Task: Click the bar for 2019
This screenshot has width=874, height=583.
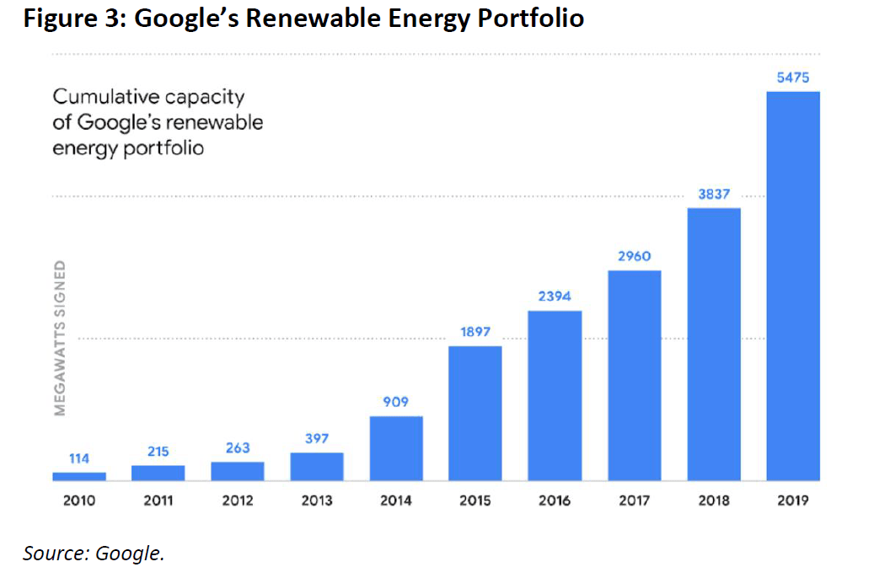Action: [792, 286]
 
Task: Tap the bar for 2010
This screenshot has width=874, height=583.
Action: [79, 476]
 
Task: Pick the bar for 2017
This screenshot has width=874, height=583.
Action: [634, 375]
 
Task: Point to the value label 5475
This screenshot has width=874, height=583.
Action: [793, 78]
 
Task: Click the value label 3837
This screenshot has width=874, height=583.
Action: [714, 195]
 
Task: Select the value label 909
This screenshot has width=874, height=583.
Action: [396, 403]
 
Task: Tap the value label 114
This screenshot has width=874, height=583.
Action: [79, 459]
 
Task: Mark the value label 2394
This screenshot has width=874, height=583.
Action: [555, 297]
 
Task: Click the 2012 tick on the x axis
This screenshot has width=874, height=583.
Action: [238, 500]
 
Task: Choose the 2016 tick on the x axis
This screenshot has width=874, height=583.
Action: [555, 500]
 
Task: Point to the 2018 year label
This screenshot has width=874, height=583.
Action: [714, 500]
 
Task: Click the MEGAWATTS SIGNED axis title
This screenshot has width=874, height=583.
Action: [60, 338]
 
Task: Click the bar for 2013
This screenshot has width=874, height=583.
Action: [317, 466]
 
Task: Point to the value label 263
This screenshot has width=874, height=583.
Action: [238, 447]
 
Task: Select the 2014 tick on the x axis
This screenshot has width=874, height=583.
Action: [396, 500]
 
